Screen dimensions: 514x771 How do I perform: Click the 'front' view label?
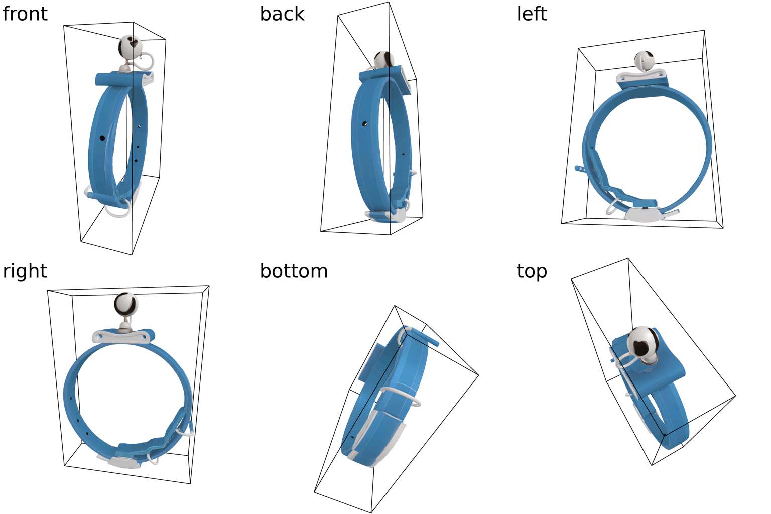pos(25,14)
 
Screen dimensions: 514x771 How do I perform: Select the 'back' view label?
pos(282,14)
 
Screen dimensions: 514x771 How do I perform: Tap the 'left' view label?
pos(531,14)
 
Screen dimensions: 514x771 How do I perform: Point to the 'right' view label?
pos(25,271)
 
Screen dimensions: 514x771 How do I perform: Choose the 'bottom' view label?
pos(294,271)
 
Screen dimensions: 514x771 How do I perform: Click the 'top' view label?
pos(531,271)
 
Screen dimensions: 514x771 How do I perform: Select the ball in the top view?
pos(642,342)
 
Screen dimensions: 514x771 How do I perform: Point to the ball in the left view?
pos(644,60)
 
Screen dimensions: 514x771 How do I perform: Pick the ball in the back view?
pos(384,60)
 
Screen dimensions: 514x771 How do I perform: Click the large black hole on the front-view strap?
pos(102,137)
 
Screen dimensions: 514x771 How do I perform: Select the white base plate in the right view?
pos(123,462)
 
